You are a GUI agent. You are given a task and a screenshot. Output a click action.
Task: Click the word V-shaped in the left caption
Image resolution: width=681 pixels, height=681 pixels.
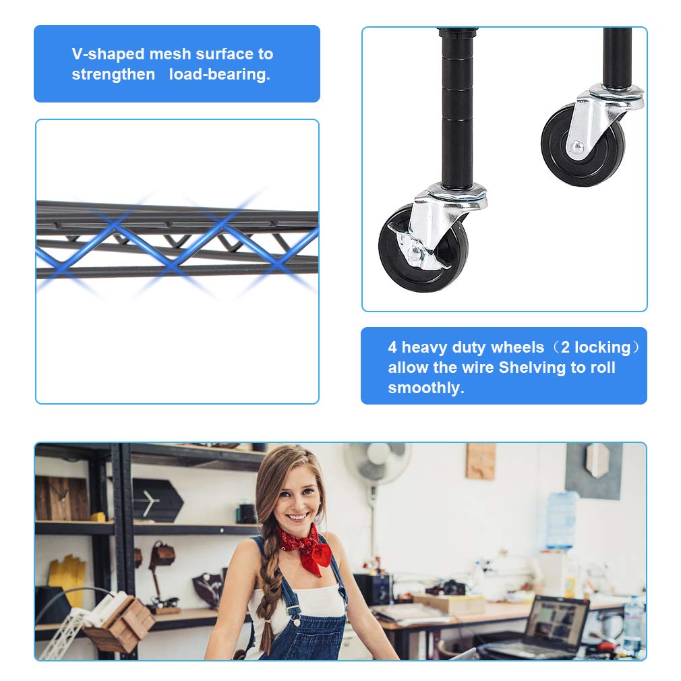[108, 54]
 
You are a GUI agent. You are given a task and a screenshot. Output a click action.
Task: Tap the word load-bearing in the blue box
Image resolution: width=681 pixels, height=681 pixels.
[219, 74]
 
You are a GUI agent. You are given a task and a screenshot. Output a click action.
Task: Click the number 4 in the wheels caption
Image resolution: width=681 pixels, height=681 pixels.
[392, 347]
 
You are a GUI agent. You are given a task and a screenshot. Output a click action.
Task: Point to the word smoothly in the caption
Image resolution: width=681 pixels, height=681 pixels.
[425, 388]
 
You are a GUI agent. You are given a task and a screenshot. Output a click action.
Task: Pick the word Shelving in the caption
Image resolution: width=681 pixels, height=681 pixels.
[532, 367]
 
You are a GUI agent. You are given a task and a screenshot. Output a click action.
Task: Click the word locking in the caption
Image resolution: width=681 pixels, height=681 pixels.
[602, 347]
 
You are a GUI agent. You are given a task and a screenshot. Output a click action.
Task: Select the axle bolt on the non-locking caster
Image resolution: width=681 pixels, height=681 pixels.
[577, 147]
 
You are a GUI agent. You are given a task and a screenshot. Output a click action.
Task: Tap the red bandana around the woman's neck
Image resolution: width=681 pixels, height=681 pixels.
[306, 548]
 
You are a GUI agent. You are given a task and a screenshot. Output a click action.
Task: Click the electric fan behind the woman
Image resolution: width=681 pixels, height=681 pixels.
[377, 463]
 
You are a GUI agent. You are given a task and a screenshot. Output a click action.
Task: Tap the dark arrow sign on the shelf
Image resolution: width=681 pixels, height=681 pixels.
[156, 500]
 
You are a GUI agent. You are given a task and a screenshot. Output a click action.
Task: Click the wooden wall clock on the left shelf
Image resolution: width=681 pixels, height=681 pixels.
[61, 498]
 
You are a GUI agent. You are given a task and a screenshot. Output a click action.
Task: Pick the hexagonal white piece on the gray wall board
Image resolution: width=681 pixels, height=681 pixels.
[597, 461]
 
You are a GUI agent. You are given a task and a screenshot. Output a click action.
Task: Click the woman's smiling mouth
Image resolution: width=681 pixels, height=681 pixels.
[298, 517]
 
